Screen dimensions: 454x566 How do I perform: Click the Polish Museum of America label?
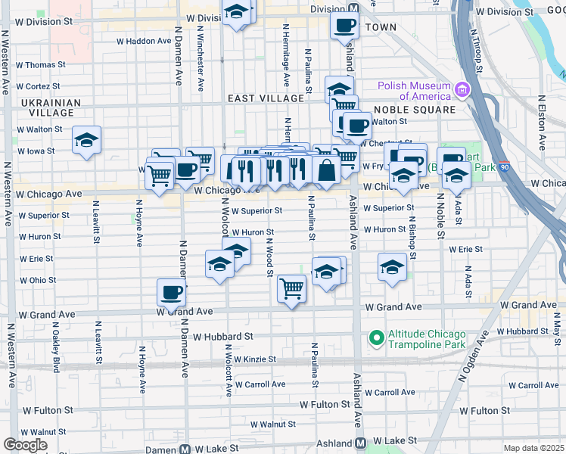415,91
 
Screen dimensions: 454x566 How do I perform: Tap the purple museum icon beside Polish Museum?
462,91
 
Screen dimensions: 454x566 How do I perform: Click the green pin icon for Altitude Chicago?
375,337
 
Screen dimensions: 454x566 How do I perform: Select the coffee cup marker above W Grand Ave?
172,292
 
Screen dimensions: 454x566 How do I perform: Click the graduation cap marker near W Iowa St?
87,140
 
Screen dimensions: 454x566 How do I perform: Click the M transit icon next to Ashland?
361,442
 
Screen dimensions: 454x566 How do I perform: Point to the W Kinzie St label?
254,359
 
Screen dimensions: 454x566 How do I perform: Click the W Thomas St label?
36,65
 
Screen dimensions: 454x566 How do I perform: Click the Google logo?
25,445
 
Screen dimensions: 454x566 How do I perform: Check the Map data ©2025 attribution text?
533,448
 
